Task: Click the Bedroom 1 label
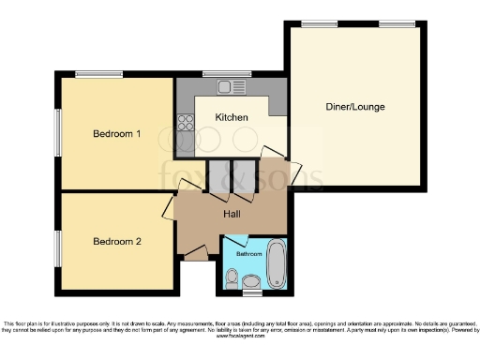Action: (116, 134)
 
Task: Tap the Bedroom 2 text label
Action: (116, 241)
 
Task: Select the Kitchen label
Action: (232, 117)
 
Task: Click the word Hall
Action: (234, 214)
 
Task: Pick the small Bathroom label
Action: (248, 254)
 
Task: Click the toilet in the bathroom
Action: (250, 282)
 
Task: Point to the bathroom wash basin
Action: (232, 276)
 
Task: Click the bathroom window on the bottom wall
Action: (250, 293)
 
